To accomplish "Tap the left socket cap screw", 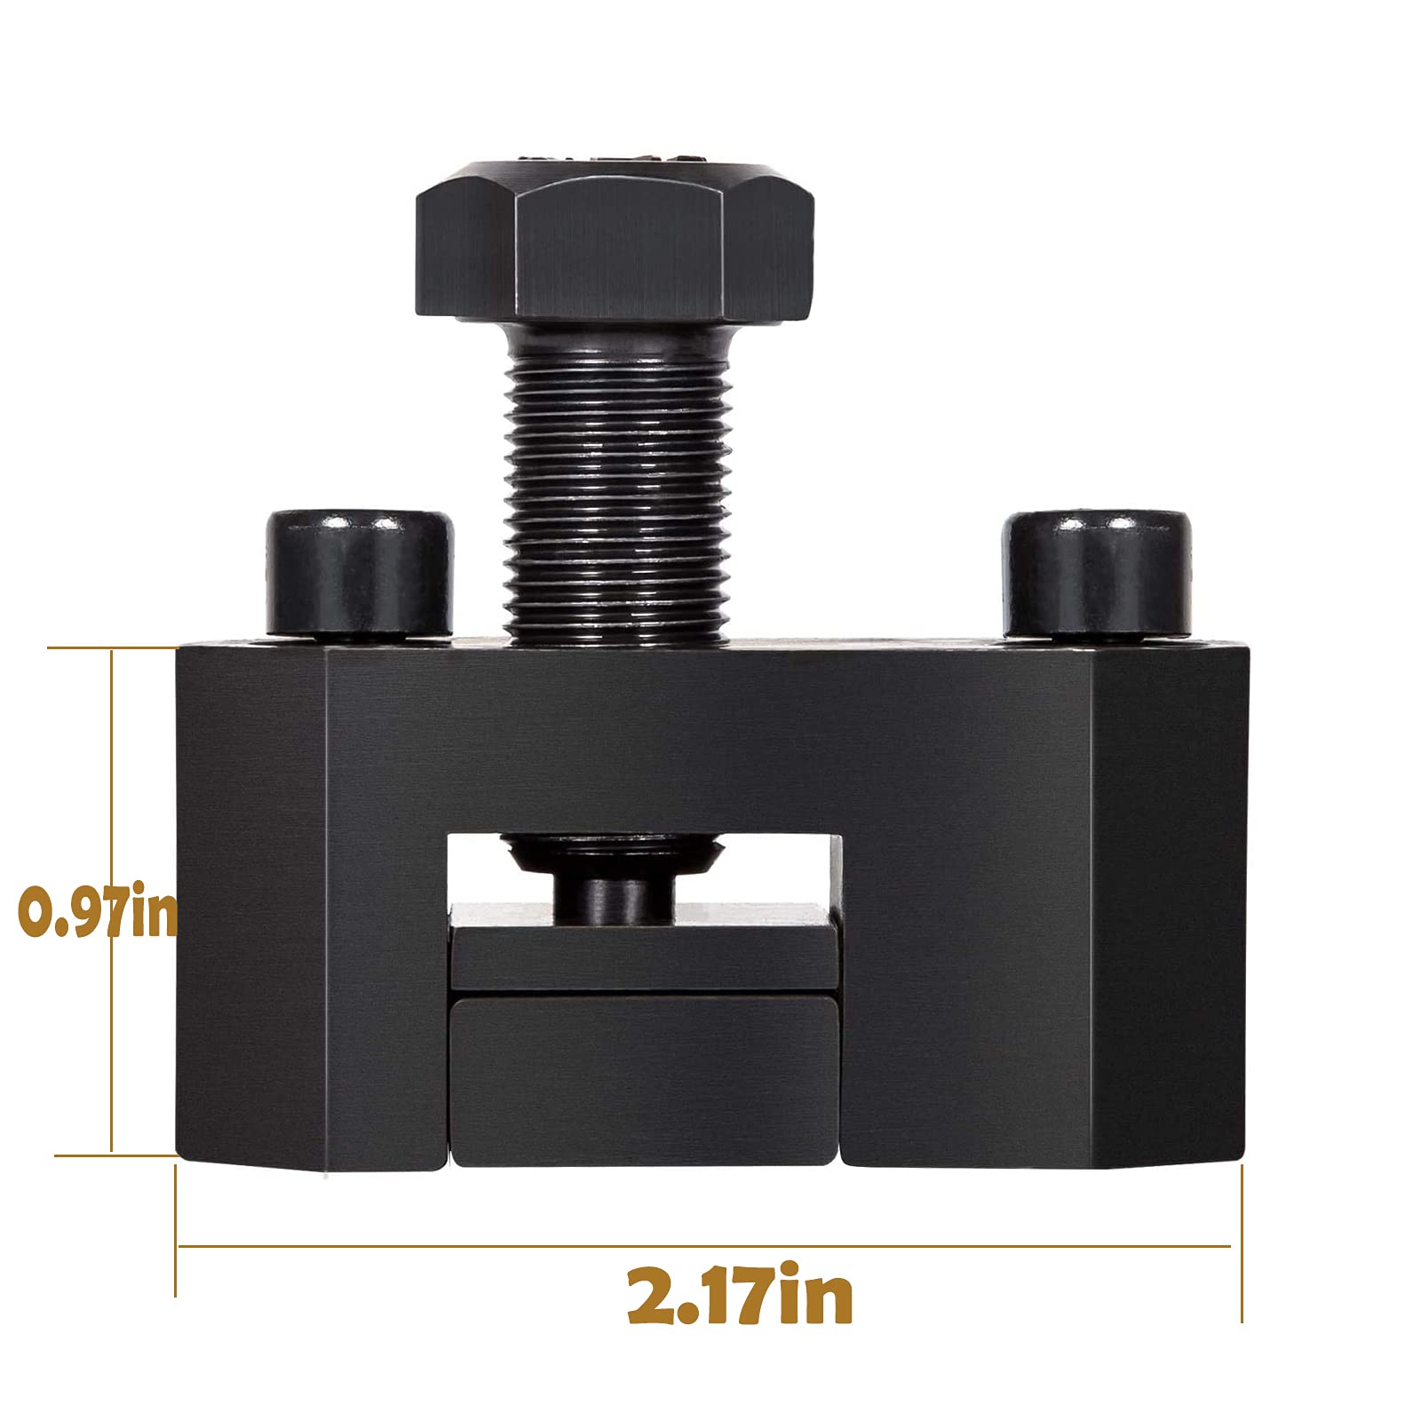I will [x=360, y=573].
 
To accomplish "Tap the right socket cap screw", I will [x=1097, y=573].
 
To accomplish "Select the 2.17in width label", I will [x=739, y=1297].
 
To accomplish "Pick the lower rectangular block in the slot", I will [x=646, y=1079].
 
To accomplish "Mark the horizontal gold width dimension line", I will [x=702, y=1246].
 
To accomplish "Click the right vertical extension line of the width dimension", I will [x=1242, y=1243].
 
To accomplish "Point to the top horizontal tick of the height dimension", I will [x=111, y=648].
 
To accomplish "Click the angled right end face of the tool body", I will [x=1168, y=906].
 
